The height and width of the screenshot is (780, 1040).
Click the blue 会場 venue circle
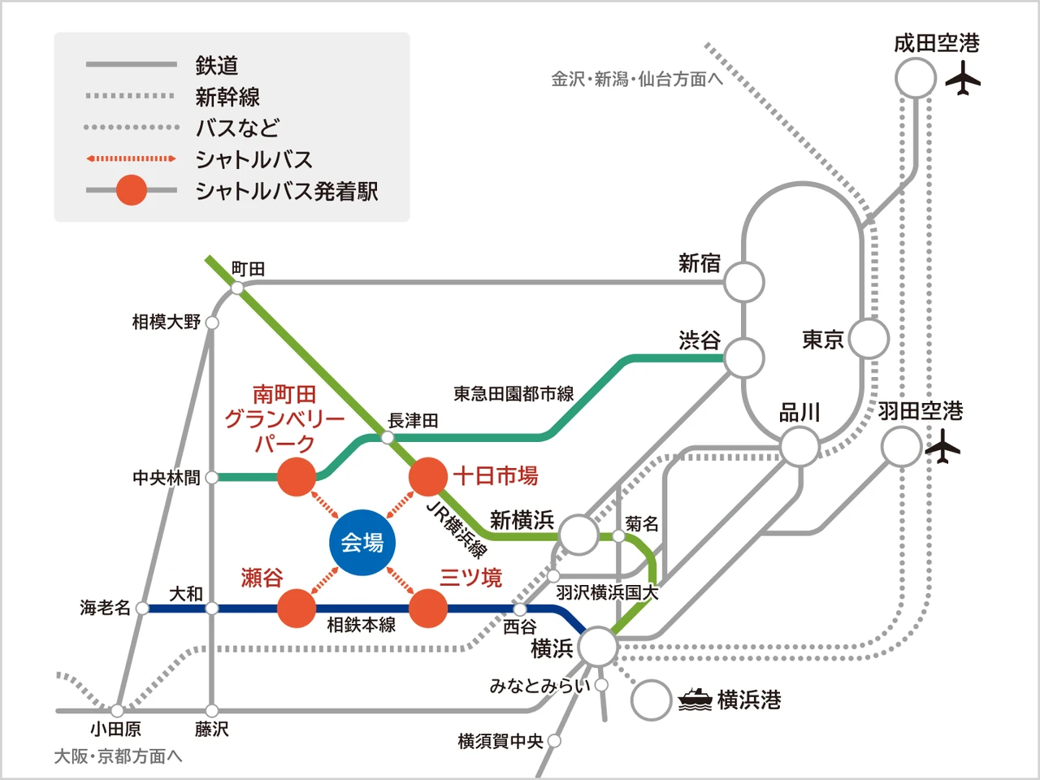tap(362, 543)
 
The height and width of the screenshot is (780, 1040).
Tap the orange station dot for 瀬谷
tap(297, 609)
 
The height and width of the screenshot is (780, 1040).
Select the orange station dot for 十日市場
tap(427, 477)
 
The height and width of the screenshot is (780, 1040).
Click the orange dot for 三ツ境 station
tap(427, 609)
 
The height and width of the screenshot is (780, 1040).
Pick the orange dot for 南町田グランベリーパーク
tap(297, 477)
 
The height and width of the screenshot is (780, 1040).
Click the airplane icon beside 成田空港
tap(964, 80)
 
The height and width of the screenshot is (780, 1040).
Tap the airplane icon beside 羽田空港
tap(942, 447)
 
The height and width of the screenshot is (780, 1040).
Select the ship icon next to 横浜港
tap(695, 699)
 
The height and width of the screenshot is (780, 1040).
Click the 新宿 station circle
tap(743, 283)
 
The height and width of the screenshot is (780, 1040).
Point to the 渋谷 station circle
tap(743, 357)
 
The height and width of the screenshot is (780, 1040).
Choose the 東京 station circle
tap(869, 339)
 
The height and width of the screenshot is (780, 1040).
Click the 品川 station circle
tap(799, 447)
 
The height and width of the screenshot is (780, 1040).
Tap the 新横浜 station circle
tap(578, 535)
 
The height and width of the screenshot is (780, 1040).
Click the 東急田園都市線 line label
tap(513, 394)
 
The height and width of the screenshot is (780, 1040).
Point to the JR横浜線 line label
tap(457, 530)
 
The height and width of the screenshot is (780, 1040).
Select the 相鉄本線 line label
tap(362, 625)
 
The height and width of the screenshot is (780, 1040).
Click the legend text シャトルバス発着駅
tap(287, 192)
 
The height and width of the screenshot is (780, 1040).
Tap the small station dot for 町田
tap(237, 288)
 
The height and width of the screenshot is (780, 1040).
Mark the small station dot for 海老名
tap(142, 608)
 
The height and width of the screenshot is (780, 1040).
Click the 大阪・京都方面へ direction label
tap(119, 756)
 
